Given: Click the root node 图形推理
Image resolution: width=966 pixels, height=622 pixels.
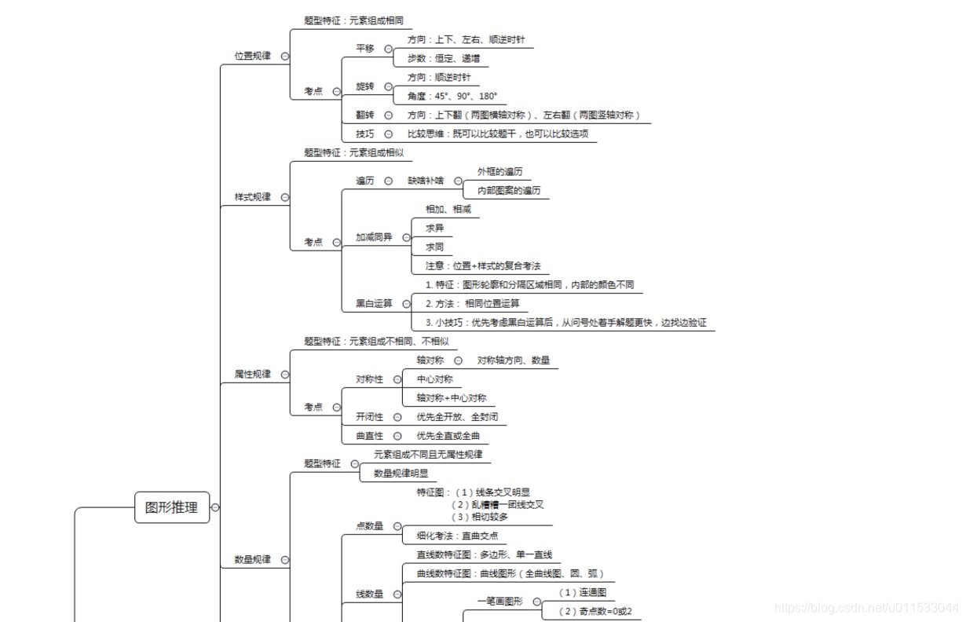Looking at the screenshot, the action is (172, 507).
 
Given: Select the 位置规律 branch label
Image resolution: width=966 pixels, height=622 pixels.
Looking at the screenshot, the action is (252, 56).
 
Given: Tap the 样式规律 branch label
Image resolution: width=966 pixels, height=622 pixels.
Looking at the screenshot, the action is (252, 196).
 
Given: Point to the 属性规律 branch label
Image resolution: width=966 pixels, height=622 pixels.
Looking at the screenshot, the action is (252, 374).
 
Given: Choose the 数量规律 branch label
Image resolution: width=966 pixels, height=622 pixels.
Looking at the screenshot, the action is (252, 559).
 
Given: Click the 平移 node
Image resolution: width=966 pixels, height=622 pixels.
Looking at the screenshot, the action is (365, 48).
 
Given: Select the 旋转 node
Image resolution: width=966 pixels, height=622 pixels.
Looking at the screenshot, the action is (365, 86).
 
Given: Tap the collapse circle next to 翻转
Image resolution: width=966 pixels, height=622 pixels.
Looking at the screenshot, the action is (389, 115).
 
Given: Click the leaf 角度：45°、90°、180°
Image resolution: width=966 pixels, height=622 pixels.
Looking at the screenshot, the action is (452, 96).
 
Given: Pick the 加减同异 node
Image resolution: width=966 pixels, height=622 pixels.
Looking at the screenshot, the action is (374, 236).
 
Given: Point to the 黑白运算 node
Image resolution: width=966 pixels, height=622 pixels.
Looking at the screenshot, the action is (374, 303).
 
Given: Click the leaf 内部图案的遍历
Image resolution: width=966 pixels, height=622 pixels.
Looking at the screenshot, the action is (509, 190).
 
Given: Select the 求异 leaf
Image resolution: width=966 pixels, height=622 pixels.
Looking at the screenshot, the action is (435, 228).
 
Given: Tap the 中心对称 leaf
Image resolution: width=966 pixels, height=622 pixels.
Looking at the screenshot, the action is (435, 379).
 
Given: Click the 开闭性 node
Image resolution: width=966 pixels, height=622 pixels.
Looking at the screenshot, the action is (369, 416).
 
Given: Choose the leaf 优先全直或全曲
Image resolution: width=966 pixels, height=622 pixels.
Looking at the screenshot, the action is (448, 435).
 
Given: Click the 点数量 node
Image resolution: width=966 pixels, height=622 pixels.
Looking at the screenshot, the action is (369, 525).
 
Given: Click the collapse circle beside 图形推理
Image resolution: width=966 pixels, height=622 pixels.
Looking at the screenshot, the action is (216, 507).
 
